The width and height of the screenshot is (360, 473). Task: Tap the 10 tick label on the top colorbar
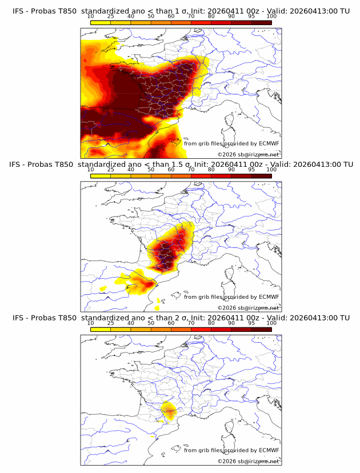click(91, 17)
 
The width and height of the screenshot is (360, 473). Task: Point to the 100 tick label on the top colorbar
click(271, 17)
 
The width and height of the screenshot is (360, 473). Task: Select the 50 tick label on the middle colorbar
click(151, 170)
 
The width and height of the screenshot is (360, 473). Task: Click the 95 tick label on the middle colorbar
click(251, 170)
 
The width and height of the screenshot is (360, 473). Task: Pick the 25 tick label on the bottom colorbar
click(111, 323)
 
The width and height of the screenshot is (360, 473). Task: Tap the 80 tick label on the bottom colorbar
click(211, 323)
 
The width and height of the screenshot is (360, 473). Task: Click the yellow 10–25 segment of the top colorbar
click(101, 22)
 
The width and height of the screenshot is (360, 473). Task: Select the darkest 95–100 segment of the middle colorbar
click(262, 175)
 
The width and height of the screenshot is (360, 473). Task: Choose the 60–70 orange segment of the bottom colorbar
click(181, 329)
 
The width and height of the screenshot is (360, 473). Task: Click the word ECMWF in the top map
click(269, 144)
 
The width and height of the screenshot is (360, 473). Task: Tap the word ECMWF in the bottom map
click(269, 451)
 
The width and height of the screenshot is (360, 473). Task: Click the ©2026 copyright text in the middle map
click(227, 308)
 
